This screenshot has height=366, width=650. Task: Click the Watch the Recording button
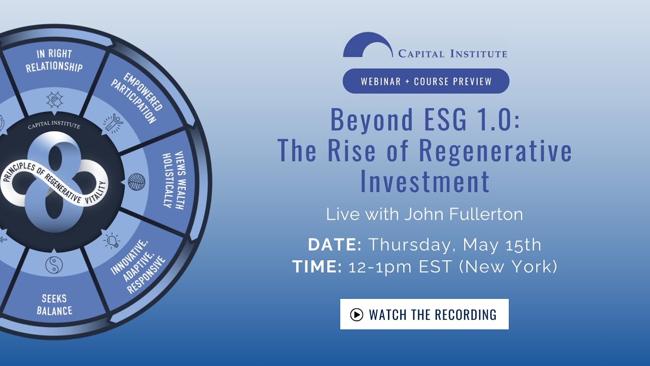click(424, 314)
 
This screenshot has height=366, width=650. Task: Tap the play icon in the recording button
click(356, 315)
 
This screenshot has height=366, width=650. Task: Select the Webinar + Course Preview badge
click(426, 81)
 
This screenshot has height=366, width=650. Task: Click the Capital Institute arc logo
click(368, 45)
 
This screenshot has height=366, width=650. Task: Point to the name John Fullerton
click(464, 214)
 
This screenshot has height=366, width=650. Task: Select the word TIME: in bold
click(317, 266)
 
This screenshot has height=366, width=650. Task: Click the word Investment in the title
click(425, 181)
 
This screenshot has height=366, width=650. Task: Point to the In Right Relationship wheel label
click(54, 60)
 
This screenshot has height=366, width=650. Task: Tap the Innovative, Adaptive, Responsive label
click(138, 267)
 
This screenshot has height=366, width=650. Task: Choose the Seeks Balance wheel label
click(54, 304)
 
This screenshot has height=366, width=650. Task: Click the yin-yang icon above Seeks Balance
click(53, 265)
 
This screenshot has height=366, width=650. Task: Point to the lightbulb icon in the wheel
click(112, 239)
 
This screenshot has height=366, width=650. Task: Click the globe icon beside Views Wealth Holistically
click(136, 181)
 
